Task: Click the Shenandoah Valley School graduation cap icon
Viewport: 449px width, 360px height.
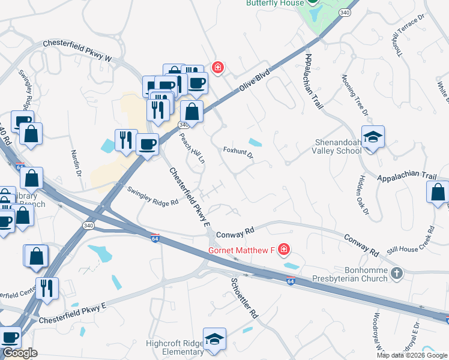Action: pos(373,137)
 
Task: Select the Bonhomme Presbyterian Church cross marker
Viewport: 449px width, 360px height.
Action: pos(396,274)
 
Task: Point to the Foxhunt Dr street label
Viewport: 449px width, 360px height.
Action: pos(238,154)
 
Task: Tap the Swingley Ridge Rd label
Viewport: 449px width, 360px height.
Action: pos(154,196)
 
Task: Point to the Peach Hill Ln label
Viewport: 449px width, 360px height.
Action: pos(193,148)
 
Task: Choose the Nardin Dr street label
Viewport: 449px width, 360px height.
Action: pos(76,163)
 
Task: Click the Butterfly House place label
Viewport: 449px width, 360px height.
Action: pos(274,3)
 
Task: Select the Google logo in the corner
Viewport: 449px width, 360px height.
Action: pos(20,353)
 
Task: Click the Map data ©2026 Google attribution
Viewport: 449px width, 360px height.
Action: pos(412,355)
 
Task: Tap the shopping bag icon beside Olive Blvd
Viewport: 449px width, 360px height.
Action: pos(191,112)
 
